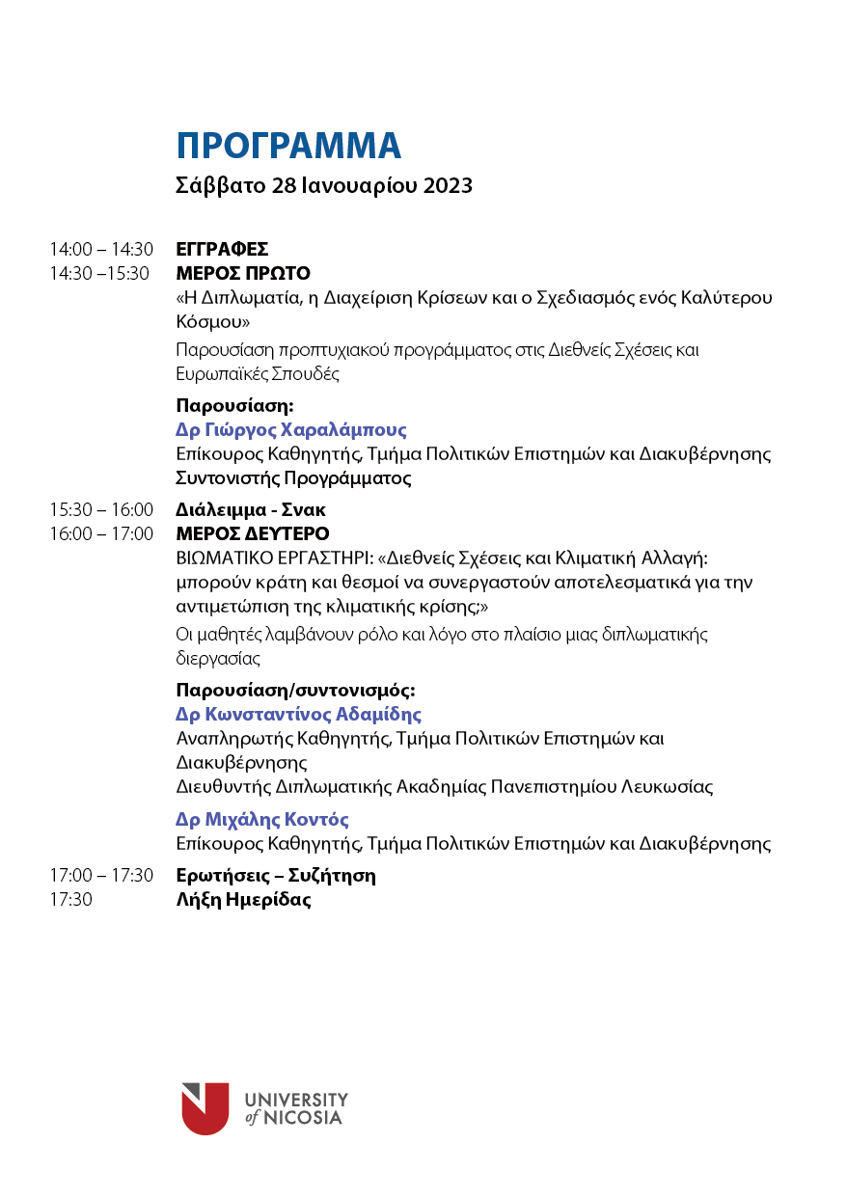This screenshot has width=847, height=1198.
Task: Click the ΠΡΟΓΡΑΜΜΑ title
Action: (288, 146)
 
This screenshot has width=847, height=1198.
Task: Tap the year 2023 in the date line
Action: (448, 186)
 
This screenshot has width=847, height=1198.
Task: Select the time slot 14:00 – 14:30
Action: (101, 250)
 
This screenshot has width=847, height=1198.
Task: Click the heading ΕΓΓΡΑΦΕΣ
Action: (222, 250)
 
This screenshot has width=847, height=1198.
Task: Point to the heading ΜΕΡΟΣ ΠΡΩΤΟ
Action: (243, 273)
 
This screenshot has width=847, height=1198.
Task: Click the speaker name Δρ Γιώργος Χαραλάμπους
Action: (291, 430)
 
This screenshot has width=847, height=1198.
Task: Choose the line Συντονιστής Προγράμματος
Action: (293, 477)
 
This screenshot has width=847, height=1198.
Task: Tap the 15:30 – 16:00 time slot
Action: (101, 510)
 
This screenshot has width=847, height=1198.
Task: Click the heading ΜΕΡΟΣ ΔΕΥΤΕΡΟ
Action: (253, 533)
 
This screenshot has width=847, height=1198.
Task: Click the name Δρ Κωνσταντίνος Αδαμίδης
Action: (298, 715)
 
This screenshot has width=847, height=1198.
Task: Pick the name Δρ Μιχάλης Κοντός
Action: (262, 820)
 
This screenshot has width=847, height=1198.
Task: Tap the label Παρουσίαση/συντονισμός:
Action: (295, 691)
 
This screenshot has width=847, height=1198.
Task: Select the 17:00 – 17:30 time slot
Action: (101, 876)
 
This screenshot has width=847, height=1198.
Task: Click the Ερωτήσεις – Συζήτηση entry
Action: (276, 876)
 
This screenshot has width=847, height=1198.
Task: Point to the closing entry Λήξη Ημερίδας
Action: (243, 900)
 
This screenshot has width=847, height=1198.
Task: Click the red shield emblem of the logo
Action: (205, 1108)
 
